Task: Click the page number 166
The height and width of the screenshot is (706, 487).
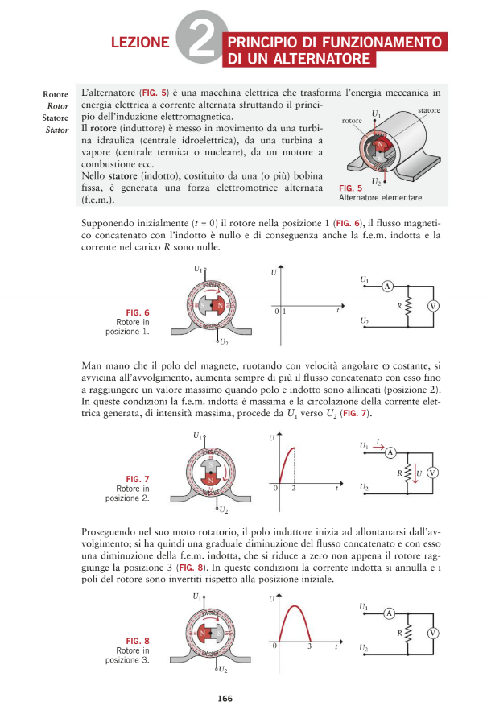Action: (225, 698)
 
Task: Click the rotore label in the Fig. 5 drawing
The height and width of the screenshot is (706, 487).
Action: (353, 120)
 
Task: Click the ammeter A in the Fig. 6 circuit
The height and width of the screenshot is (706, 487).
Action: (386, 287)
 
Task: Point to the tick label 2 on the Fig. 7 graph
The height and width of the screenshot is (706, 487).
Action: (294, 489)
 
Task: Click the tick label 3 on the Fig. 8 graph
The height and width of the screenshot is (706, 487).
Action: (309, 646)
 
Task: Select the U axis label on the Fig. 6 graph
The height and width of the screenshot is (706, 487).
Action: (274, 274)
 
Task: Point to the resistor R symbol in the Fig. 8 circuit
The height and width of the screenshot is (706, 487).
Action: (409, 634)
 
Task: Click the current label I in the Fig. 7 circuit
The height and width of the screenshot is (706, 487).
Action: (379, 440)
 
